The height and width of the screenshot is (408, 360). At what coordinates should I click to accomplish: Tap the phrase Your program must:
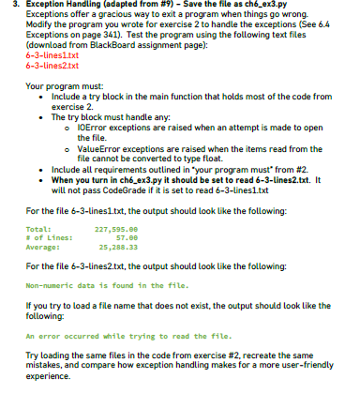[x=62, y=86]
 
